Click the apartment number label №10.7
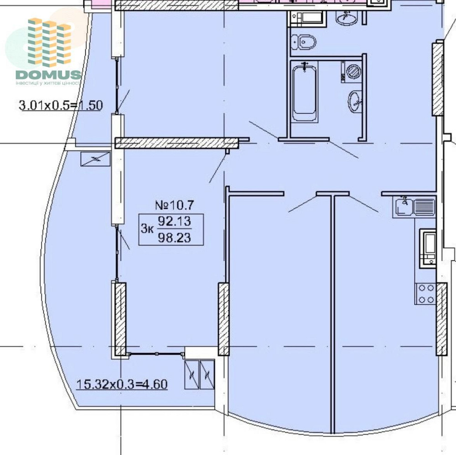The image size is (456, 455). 174,205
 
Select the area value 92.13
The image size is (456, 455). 174,221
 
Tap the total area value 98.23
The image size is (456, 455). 174,238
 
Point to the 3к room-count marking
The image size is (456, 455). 147,228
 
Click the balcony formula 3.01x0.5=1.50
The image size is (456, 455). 61,105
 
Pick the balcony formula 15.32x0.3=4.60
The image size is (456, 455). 122,384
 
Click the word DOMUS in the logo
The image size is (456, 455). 48,75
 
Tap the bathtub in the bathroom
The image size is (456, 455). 304,93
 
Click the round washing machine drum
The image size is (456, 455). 353,71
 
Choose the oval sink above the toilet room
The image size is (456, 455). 347,18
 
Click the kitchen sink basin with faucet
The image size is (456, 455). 404,207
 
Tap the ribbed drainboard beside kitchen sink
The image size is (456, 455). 424,207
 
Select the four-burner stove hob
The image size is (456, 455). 426,294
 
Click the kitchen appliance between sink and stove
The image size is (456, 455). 428,248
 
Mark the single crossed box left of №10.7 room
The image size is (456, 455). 95,159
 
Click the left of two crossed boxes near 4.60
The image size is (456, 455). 192,374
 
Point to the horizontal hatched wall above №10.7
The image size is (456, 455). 177,143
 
